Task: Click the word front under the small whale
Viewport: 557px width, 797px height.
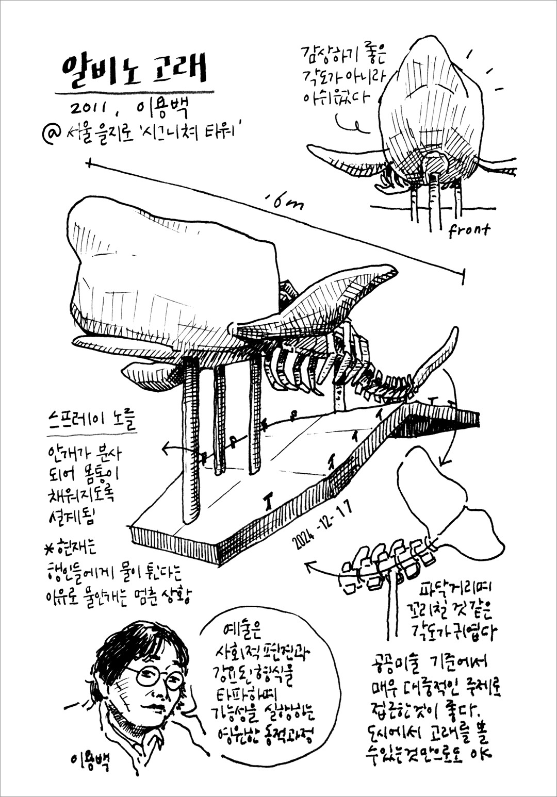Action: (468, 230)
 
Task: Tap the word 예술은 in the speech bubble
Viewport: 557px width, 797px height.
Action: (242, 632)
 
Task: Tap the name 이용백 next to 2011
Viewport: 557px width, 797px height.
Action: (162, 109)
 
